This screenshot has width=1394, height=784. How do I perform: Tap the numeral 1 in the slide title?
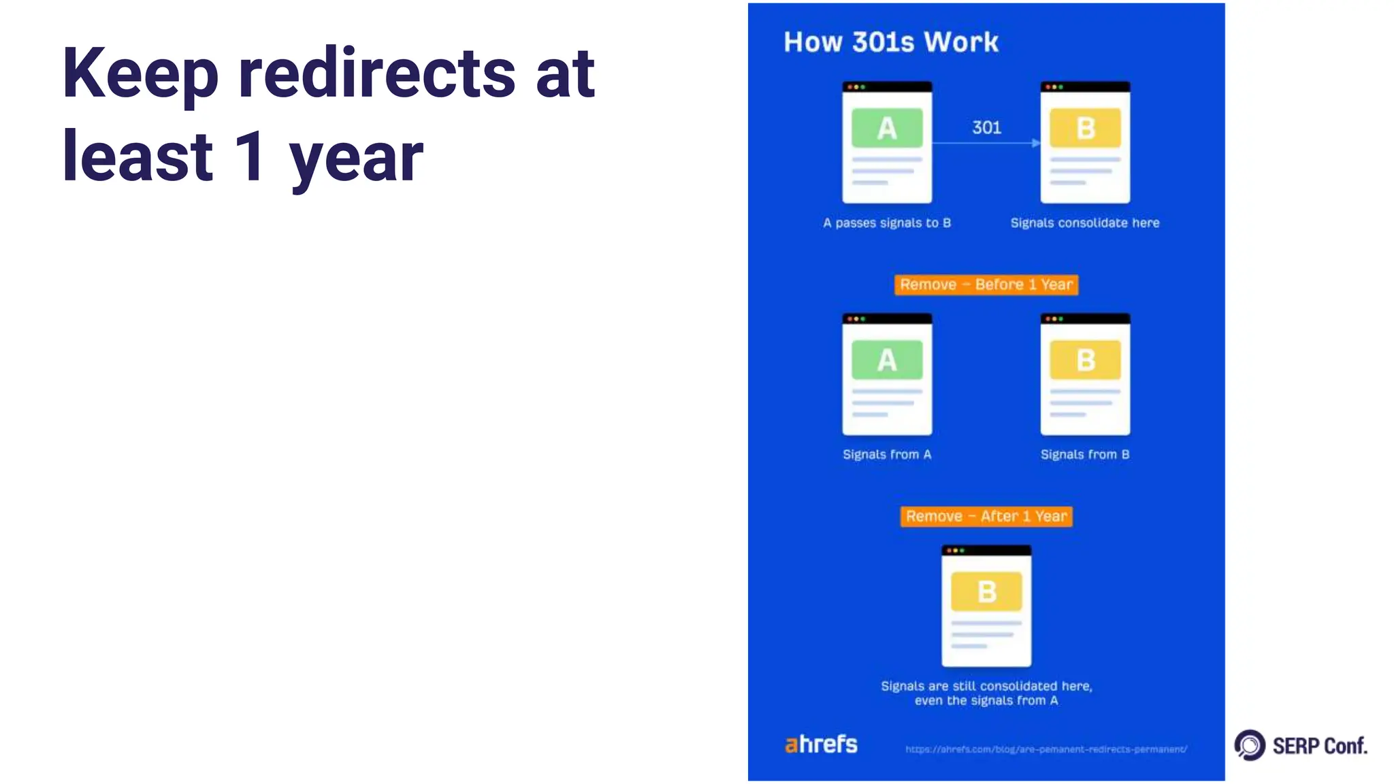point(250,157)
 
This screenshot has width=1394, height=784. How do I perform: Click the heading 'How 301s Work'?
point(890,42)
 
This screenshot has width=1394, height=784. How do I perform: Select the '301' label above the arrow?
point(986,127)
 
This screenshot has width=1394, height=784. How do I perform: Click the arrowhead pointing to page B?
point(1035,143)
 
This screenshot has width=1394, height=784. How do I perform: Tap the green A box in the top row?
point(887,128)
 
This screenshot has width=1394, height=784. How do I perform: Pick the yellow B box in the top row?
point(1085,128)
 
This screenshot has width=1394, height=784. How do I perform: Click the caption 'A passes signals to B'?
point(886,223)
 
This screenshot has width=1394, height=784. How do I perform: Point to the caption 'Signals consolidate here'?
point(1084,223)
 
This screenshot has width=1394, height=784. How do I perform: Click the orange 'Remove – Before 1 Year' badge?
point(986,284)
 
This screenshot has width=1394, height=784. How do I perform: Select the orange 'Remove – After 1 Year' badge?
point(986,516)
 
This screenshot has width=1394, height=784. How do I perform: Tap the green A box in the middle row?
point(887,360)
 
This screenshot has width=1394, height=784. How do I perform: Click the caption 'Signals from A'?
point(886,454)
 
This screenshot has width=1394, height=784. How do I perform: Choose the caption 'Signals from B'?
point(1084,454)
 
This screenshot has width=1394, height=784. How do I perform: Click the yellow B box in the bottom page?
point(986,591)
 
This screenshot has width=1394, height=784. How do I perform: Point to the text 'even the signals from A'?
point(986,701)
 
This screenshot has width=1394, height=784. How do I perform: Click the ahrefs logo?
point(821,744)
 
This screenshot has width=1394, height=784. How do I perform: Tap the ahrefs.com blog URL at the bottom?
point(1045,749)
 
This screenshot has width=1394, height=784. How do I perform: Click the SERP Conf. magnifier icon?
point(1250,745)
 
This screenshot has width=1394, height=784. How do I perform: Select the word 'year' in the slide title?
point(355,158)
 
